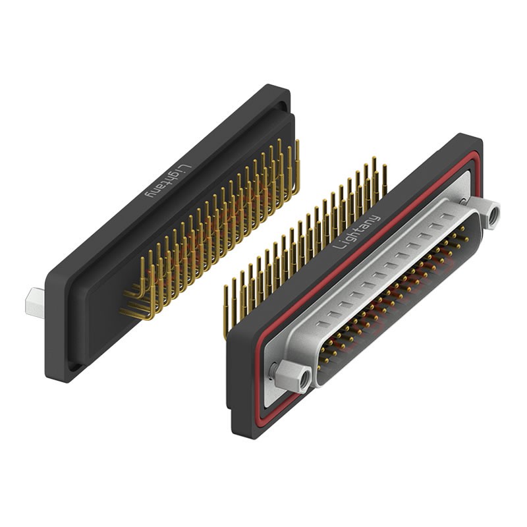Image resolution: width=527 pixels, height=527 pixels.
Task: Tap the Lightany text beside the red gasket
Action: tap(356, 232)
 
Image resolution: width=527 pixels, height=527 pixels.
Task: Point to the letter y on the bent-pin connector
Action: tap(149, 194)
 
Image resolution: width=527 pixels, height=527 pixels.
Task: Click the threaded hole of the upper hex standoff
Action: tap(493, 213)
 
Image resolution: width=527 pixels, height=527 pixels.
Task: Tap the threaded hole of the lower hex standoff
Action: tap(305, 378)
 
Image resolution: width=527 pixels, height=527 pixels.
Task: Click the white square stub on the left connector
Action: tap(35, 303)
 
